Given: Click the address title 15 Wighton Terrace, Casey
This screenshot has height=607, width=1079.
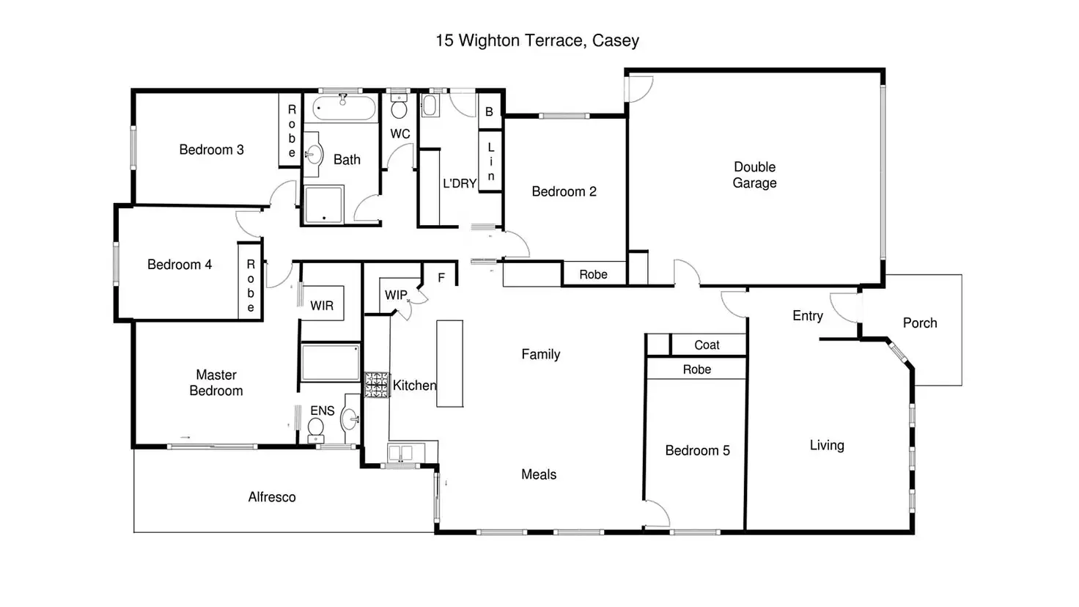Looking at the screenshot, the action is pos(537,41).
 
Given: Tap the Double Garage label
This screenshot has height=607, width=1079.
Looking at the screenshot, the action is pos(754,175).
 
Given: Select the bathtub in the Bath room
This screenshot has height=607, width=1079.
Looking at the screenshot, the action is pos(344,108).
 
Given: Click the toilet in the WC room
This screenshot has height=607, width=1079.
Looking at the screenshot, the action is pos(399,107).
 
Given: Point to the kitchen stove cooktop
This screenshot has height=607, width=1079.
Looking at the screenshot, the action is pos(376,384).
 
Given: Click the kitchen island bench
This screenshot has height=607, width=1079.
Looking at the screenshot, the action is pos(449,363).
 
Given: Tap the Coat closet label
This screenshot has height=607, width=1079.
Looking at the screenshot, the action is pos(707,345).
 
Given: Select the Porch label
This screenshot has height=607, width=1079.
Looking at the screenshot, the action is pos(919,323).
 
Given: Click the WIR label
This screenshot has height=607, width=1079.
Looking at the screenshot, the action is pos(321,306).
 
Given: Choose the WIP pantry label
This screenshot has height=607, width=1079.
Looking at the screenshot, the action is pos(396,295).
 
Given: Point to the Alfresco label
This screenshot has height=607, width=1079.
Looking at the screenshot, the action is pos(272,497).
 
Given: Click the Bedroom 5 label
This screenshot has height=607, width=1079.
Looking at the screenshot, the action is pos(697,450).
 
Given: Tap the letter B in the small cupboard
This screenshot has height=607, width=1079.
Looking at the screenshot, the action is pos(489,111).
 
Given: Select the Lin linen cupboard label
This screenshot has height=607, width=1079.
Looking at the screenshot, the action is pos(491,161).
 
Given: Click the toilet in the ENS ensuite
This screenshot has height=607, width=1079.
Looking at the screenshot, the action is pos(315,430).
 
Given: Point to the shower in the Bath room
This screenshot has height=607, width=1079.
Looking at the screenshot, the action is pos(324,205).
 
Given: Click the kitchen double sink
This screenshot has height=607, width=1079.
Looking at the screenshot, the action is pos(400,453).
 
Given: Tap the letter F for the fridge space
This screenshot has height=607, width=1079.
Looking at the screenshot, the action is pos(441,278).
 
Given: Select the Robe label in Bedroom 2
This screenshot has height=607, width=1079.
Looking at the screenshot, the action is pos(593,275).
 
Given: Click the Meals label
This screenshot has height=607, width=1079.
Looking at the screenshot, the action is pos(539,474).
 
